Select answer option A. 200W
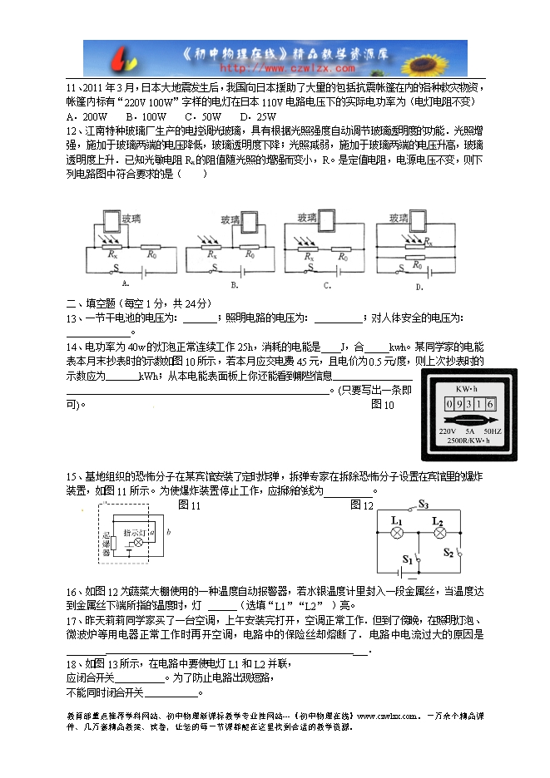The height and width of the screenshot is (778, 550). [x=87, y=116]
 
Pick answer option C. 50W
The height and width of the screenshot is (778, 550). [x=203, y=116]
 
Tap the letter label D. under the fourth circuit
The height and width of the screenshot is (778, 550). [x=419, y=286]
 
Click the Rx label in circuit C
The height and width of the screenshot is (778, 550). [x=309, y=258]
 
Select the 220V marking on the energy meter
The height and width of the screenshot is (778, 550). [x=448, y=432]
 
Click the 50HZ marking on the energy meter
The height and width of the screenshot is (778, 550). [x=492, y=432]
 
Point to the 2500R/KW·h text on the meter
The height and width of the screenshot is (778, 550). [x=470, y=441]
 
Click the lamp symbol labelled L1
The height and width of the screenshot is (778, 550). [x=397, y=534]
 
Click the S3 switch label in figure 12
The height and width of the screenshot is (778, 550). [x=423, y=504]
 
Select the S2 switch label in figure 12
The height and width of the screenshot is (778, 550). [x=448, y=552]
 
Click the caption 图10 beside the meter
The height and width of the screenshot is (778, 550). [x=383, y=404]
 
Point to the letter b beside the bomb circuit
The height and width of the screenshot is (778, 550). [x=169, y=530]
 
